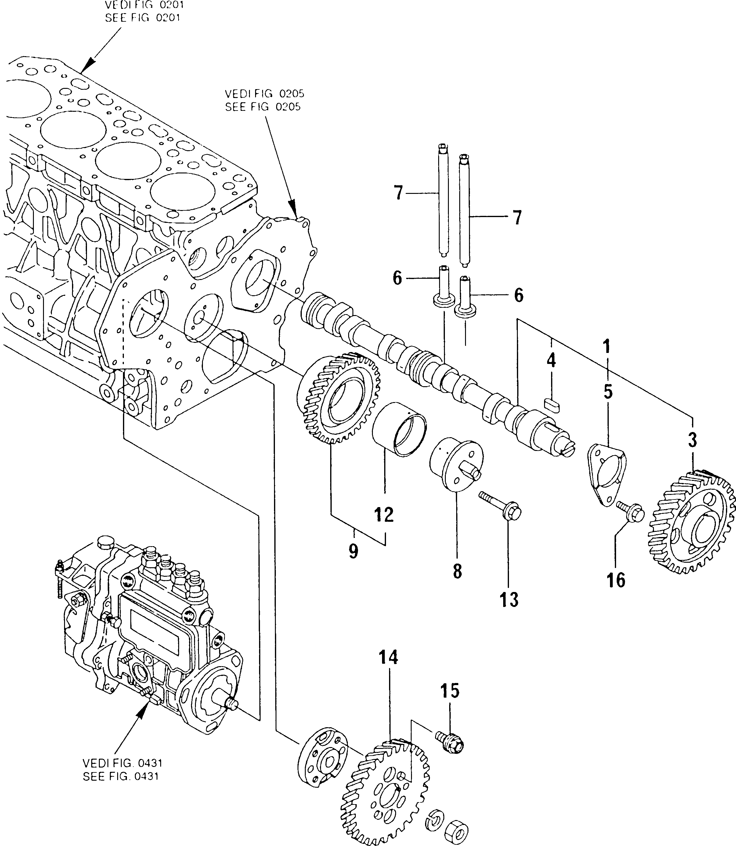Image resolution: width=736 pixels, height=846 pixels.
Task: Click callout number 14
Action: (x=388, y=669)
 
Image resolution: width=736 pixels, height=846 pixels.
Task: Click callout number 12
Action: (x=384, y=514)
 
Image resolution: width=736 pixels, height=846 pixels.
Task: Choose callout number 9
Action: (x=353, y=550)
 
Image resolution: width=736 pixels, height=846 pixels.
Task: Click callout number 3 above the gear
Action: (x=692, y=440)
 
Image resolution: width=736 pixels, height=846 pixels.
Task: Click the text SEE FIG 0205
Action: (x=263, y=107)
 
